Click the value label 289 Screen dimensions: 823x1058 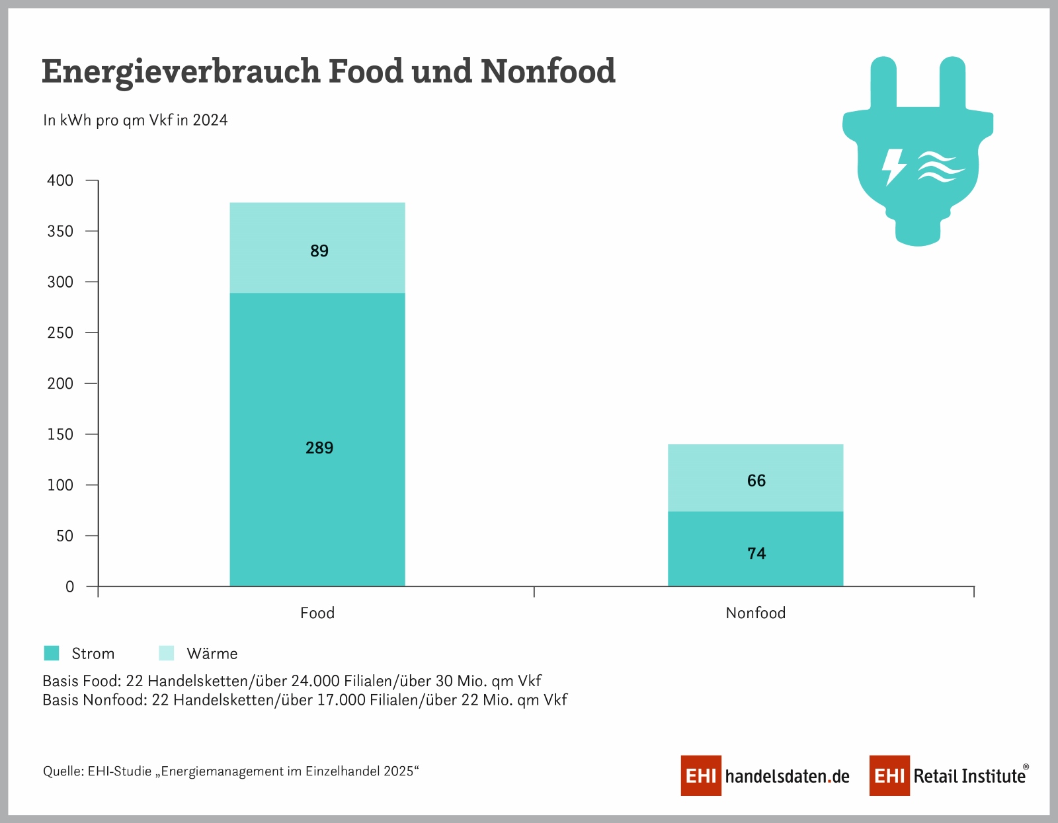tap(319, 448)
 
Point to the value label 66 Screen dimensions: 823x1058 tap(756, 481)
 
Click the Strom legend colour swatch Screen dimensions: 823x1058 tap(52, 653)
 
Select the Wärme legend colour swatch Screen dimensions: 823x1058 tap(167, 653)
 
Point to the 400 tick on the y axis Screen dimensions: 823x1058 tap(60, 180)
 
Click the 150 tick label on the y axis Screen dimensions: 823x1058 tap(60, 434)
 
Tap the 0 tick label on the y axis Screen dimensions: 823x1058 tap(69, 587)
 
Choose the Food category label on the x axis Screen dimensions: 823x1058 tap(317, 613)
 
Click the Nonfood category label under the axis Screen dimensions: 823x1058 tap(756, 613)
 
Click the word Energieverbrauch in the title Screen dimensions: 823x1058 tap(180, 71)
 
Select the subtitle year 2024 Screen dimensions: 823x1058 tap(210, 120)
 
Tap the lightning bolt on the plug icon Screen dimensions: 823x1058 tap(894, 166)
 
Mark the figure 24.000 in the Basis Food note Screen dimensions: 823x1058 tap(315, 681)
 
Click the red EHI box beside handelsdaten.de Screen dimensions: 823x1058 tap(701, 775)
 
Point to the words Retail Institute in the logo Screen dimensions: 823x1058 tap(969, 775)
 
